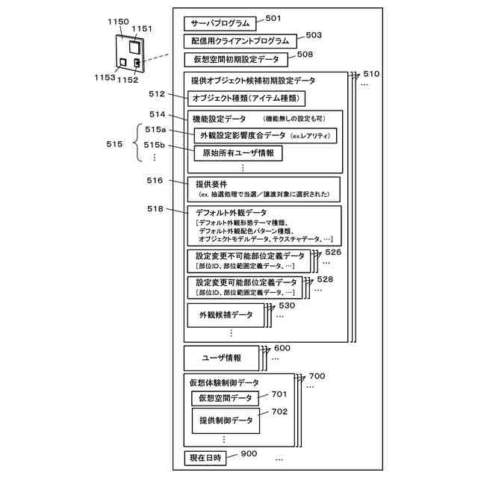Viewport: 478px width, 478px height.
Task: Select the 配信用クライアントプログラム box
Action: pyautogui.click(x=240, y=40)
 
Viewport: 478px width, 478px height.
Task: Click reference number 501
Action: pyautogui.click(x=273, y=19)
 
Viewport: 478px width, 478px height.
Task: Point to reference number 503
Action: pyautogui.click(x=314, y=35)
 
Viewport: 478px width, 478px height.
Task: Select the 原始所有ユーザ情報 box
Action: pyautogui.click(x=238, y=153)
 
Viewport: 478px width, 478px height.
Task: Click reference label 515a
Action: pyautogui.click(x=155, y=129)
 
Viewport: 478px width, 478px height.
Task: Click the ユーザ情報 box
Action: pyautogui.click(x=221, y=358)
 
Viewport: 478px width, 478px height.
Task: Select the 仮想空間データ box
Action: pyautogui.click(x=226, y=398)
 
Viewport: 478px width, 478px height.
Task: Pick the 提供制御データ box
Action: pyautogui.click(x=226, y=420)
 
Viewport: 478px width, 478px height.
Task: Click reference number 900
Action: pyautogui.click(x=248, y=453)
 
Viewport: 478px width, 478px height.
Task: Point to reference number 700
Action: pyautogui.click(x=317, y=376)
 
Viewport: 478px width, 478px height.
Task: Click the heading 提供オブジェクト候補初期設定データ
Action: pyautogui.click(x=253, y=80)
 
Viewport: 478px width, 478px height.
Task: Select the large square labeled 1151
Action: pyautogui.click(x=135, y=46)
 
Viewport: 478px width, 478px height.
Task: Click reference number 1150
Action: pyautogui.click(x=118, y=23)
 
